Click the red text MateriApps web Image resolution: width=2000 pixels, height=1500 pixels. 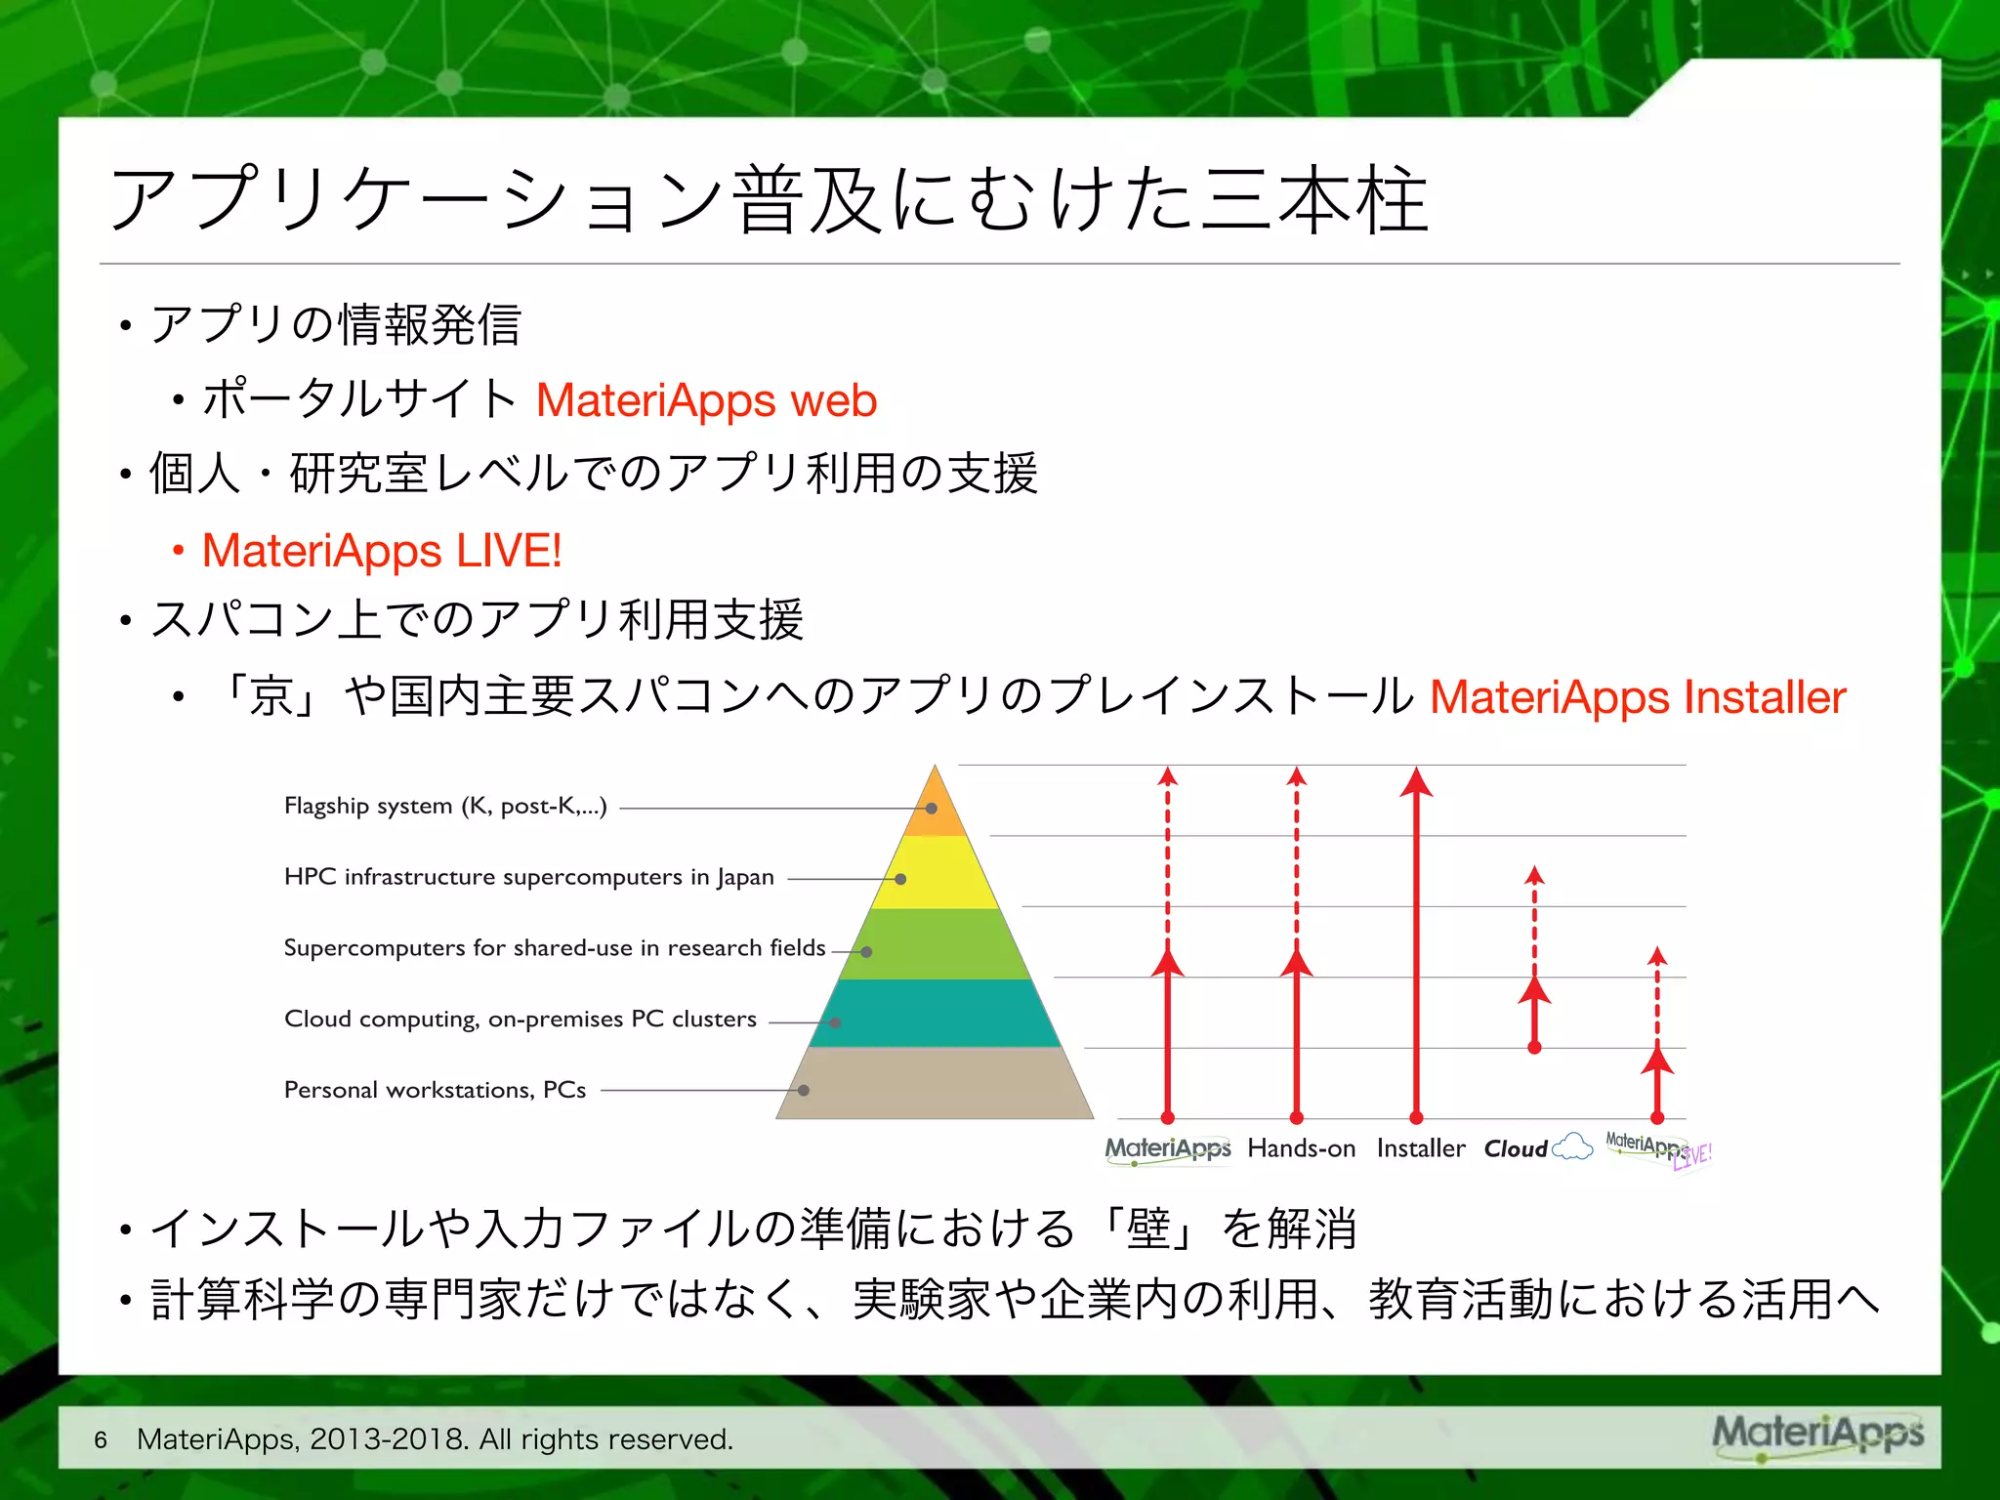(706, 401)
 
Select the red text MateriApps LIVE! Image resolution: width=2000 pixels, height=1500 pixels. (381, 551)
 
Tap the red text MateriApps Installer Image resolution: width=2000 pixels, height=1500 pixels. (1637, 698)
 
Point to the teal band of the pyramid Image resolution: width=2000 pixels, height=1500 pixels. (936, 1014)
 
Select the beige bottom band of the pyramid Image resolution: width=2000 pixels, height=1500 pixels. (936, 1084)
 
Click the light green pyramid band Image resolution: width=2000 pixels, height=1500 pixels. (936, 944)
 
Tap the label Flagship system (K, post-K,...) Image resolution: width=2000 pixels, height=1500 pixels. (445, 807)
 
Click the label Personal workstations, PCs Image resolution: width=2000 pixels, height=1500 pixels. (435, 1090)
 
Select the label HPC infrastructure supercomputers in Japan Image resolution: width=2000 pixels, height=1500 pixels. (528, 877)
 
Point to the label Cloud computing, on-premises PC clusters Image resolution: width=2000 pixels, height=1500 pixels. (520, 1020)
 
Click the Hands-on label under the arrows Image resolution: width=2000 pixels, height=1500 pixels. (1301, 1149)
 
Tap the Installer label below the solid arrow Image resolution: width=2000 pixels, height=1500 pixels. (1420, 1149)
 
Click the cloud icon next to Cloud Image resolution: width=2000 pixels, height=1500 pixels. (1572, 1147)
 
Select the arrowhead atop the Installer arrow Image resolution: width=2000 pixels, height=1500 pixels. (1416, 782)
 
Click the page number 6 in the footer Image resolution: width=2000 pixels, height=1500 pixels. (101, 1439)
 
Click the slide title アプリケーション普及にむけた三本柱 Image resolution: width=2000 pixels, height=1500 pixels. (770, 200)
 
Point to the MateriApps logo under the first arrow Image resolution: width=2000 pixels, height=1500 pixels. (1167, 1149)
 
